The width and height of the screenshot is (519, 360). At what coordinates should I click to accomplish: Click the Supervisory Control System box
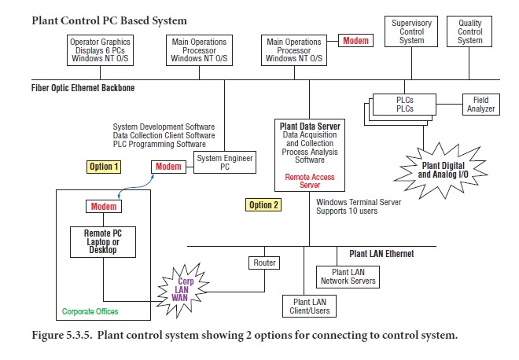point(411,32)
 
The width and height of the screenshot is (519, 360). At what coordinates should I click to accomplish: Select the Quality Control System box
point(469,32)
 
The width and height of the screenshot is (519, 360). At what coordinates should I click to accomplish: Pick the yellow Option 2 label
point(263,205)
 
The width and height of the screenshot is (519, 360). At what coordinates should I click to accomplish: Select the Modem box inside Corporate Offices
point(104,206)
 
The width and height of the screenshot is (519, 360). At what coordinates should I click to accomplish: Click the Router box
point(263,263)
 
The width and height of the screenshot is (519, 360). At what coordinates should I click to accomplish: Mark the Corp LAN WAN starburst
point(183,288)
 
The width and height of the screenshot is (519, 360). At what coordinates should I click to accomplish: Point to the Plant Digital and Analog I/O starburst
point(445,168)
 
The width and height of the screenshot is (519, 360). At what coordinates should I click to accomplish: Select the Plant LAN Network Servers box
point(347,276)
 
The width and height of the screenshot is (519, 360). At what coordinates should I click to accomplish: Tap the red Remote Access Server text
point(309,181)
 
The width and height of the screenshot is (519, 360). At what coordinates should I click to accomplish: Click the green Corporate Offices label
point(90,312)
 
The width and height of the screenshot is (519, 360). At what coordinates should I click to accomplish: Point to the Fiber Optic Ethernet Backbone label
point(83,88)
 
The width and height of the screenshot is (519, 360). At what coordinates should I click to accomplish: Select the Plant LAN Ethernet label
point(381,254)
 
